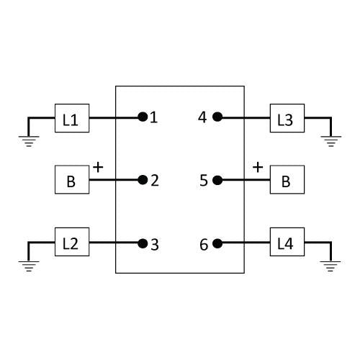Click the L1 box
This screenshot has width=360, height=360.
click(72, 118)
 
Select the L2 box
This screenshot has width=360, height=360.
click(72, 242)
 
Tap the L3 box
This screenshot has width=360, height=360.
click(287, 118)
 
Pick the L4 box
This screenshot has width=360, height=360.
click(287, 242)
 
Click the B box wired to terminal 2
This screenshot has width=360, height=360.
click(72, 179)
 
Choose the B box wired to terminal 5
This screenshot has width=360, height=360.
click(287, 179)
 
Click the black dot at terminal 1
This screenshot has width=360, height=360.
click(143, 117)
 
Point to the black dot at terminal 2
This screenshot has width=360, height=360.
click(143, 180)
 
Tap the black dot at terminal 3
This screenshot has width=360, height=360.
click(143, 243)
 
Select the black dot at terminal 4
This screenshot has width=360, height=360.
click(217, 117)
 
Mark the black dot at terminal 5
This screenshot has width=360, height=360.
click(217, 180)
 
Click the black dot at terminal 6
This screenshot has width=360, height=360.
click(217, 243)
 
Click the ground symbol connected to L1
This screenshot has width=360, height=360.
click(29, 141)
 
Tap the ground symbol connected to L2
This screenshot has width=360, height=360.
click(29, 266)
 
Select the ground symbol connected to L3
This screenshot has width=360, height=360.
click(331, 141)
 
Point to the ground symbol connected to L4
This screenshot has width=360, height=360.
click(330, 266)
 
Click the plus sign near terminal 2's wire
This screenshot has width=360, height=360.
click(98, 167)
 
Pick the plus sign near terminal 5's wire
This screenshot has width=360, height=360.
click(258, 167)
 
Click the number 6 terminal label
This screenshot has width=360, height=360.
click(204, 245)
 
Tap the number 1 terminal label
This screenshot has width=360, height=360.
click(154, 117)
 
